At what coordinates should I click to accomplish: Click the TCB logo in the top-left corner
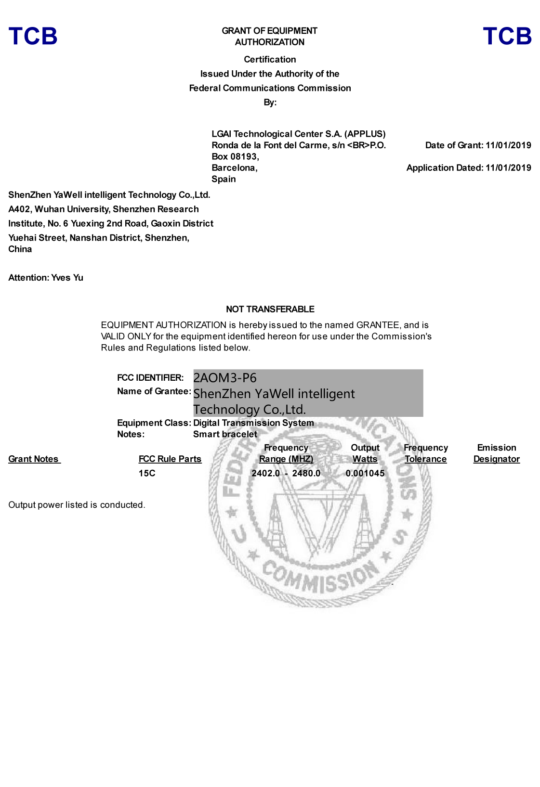point(33,37)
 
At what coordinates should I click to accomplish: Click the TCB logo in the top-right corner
point(507,37)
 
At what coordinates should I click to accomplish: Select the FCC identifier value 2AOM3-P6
point(225,378)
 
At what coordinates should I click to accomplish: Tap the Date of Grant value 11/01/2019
point(508,145)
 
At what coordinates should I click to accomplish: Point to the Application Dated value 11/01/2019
point(508,168)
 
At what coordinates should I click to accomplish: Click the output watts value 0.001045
point(365,473)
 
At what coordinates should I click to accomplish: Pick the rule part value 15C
point(147,473)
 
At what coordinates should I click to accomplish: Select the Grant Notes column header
point(34,459)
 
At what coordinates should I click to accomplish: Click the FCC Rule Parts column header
point(170,459)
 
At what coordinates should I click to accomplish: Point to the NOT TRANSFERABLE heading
point(270,309)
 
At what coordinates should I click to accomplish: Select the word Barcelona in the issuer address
point(234,168)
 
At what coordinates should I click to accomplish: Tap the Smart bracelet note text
point(225,434)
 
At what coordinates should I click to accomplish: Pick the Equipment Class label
point(154,423)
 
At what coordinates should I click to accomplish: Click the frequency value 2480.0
point(306,473)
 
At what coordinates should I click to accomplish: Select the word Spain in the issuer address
point(224,179)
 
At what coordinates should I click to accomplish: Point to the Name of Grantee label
point(154,391)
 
